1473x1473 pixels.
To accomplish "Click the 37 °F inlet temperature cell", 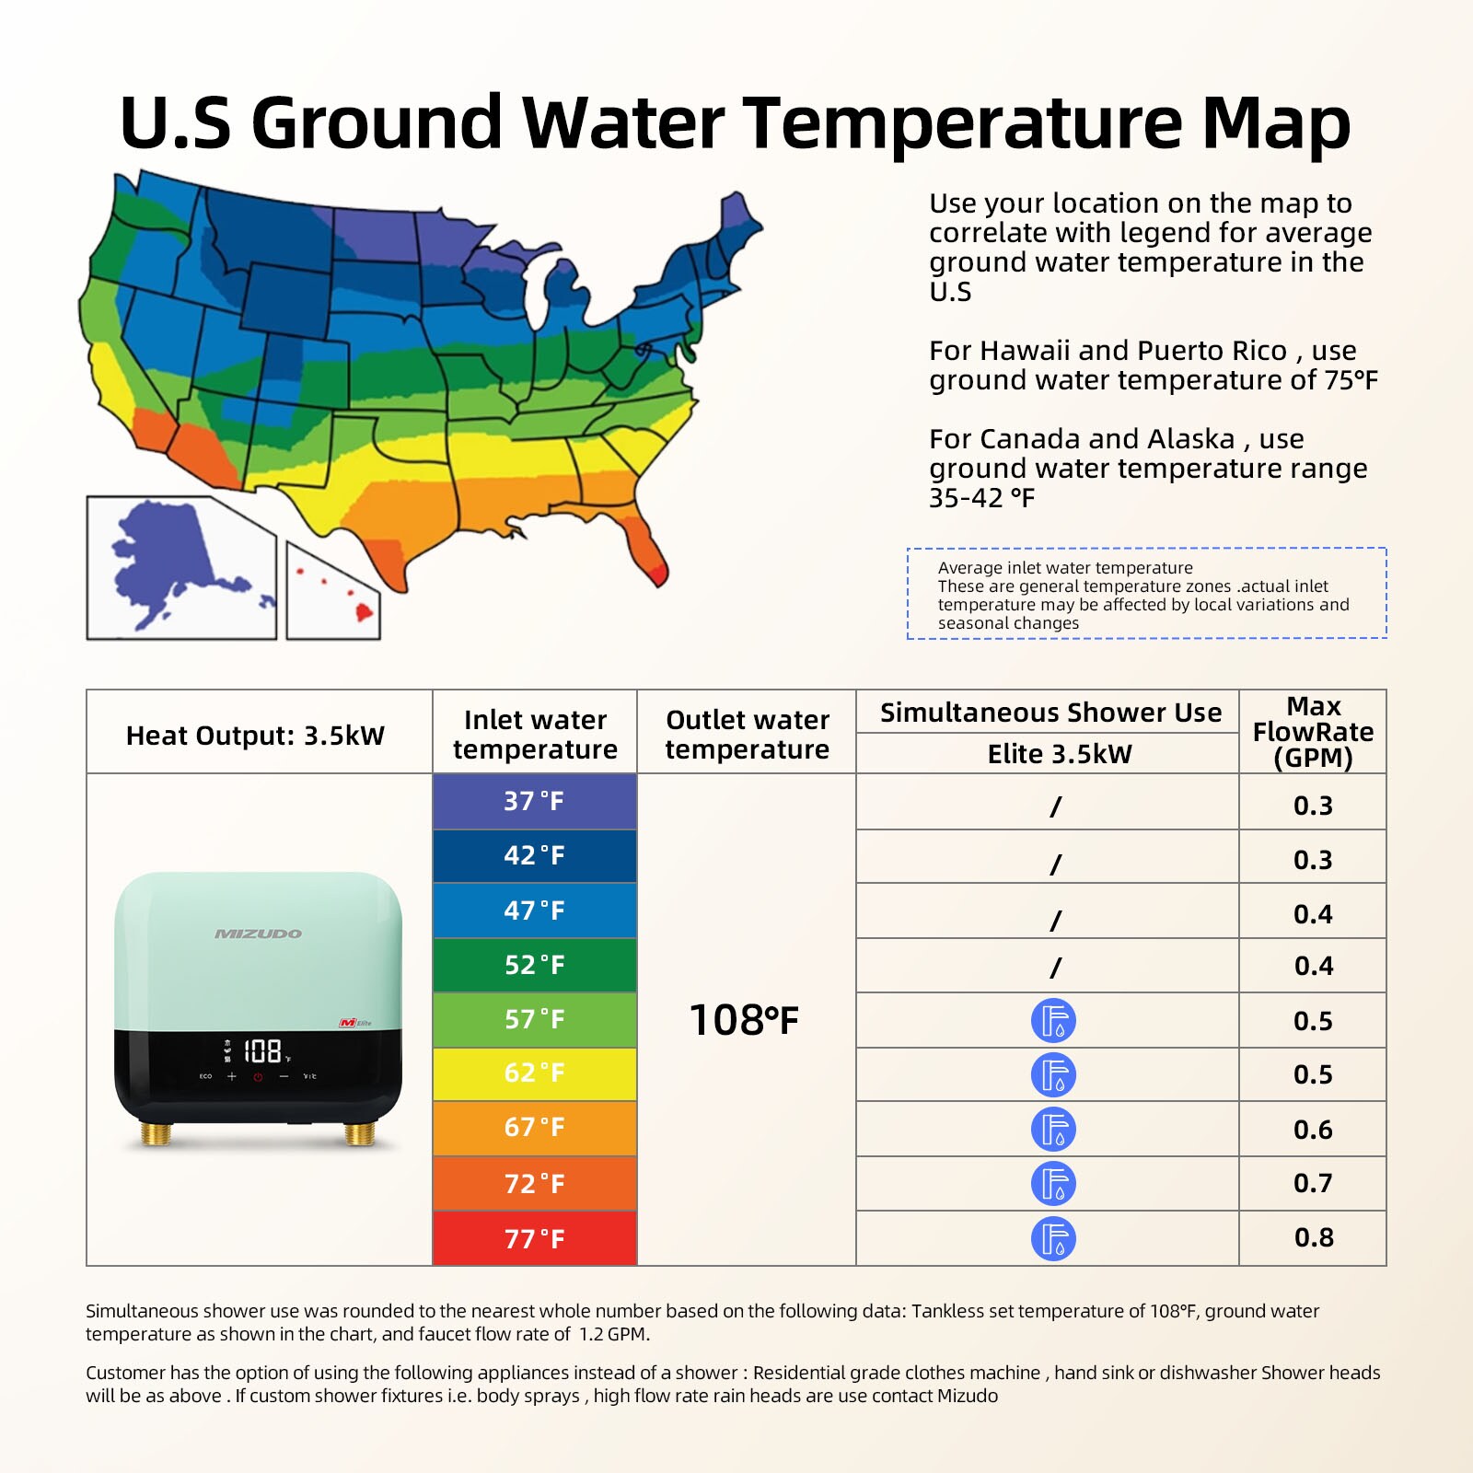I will coord(534,801).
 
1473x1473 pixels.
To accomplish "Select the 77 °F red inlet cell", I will coord(534,1238).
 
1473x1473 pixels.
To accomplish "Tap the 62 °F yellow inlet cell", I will coord(534,1073).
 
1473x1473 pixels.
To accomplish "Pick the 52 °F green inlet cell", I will coord(534,965).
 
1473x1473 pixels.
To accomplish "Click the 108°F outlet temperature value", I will coord(745,1020).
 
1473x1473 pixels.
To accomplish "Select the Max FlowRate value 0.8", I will coord(1313,1237).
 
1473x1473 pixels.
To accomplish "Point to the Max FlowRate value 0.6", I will coord(1313,1130).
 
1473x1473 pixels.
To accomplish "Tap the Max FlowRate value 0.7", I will coord(1313,1183).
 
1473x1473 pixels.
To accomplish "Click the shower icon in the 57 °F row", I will coord(1053,1021).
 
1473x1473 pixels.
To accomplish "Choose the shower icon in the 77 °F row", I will coord(1053,1238).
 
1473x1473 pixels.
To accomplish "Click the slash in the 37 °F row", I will coord(1056,806).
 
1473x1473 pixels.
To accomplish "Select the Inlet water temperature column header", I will coord(535,734).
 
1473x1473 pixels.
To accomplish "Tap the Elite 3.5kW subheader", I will coord(1059,754).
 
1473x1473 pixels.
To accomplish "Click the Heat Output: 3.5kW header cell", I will coord(255,736).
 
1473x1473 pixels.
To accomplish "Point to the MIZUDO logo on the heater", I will coord(258,934).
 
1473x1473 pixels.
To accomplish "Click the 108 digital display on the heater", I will coord(262,1050).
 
